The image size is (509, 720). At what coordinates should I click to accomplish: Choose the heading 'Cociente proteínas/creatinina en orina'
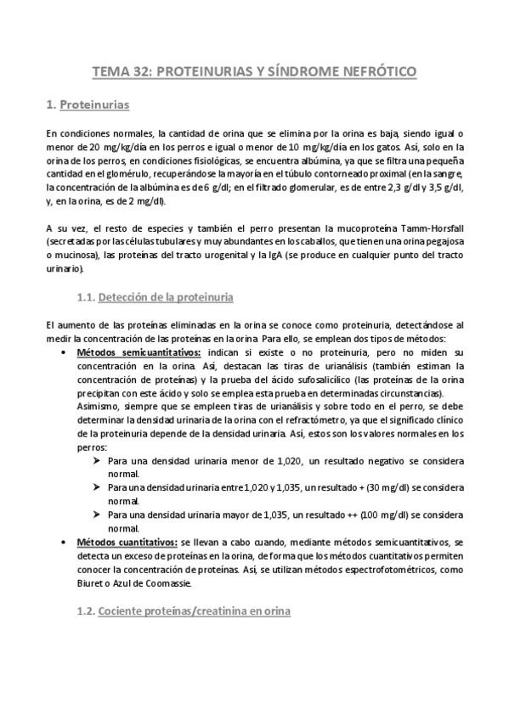coord(194,611)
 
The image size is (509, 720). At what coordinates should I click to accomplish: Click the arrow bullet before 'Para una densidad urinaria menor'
coord(95,461)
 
